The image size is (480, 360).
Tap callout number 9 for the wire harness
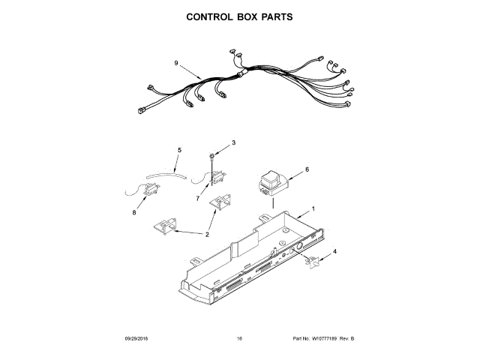pyautogui.click(x=175, y=64)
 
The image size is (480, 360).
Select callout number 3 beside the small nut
pyautogui.click(x=233, y=142)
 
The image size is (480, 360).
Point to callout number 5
pyautogui.click(x=178, y=151)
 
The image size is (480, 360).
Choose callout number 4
pyautogui.click(x=334, y=251)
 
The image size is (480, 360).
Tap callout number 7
pyautogui.click(x=198, y=199)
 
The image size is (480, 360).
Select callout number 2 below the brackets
pyautogui.click(x=207, y=235)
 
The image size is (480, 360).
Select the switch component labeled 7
pyautogui.click(x=218, y=177)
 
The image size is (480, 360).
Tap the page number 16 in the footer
pyautogui.click(x=239, y=339)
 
